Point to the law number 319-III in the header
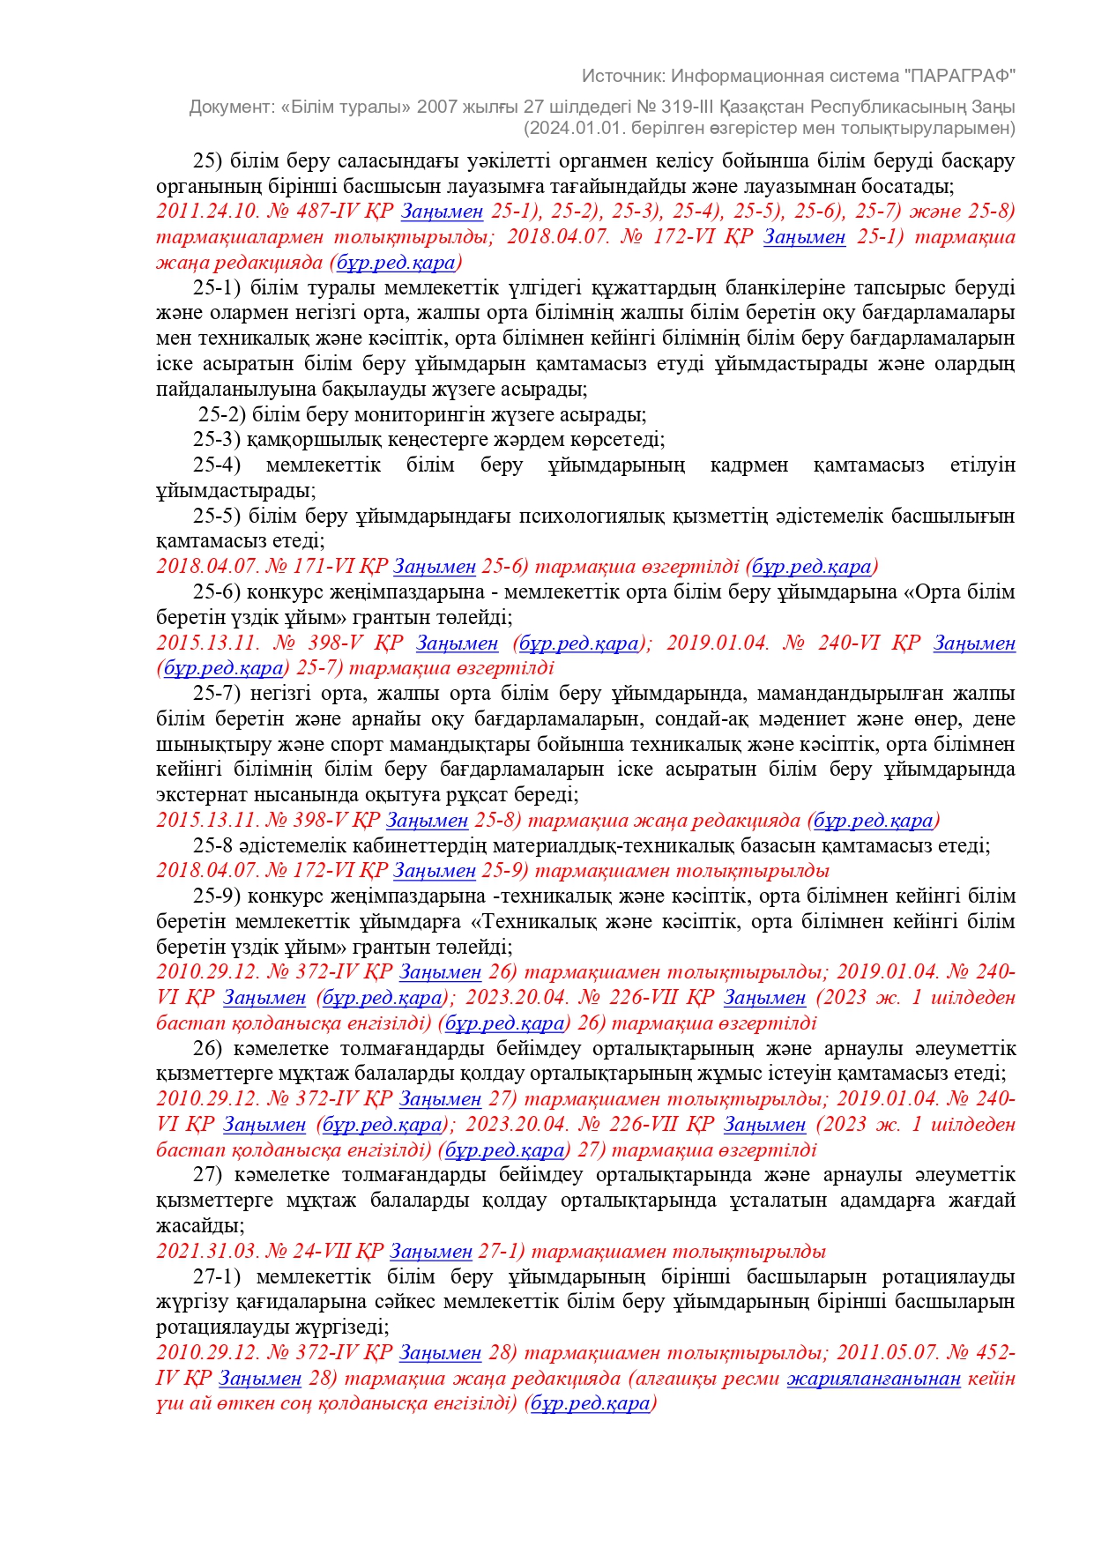click(695, 107)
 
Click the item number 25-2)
click(222, 414)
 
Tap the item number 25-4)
click(217, 465)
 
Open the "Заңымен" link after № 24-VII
click(431, 1252)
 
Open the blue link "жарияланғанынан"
click(873, 1378)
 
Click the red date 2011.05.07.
click(889, 1353)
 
